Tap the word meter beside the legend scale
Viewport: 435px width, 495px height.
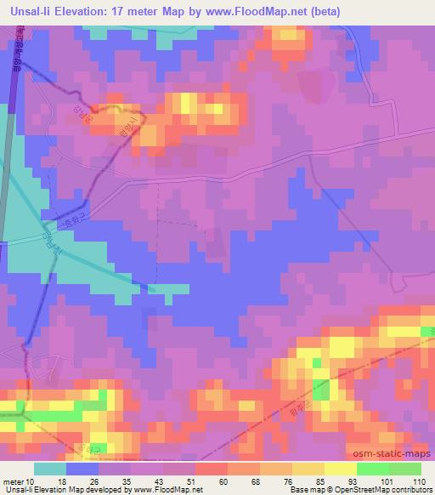(x=14, y=482)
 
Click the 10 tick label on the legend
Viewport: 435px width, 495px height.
(x=31, y=482)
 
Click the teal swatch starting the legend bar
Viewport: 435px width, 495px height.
(x=50, y=469)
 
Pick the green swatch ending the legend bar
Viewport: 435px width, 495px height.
(x=405, y=469)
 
